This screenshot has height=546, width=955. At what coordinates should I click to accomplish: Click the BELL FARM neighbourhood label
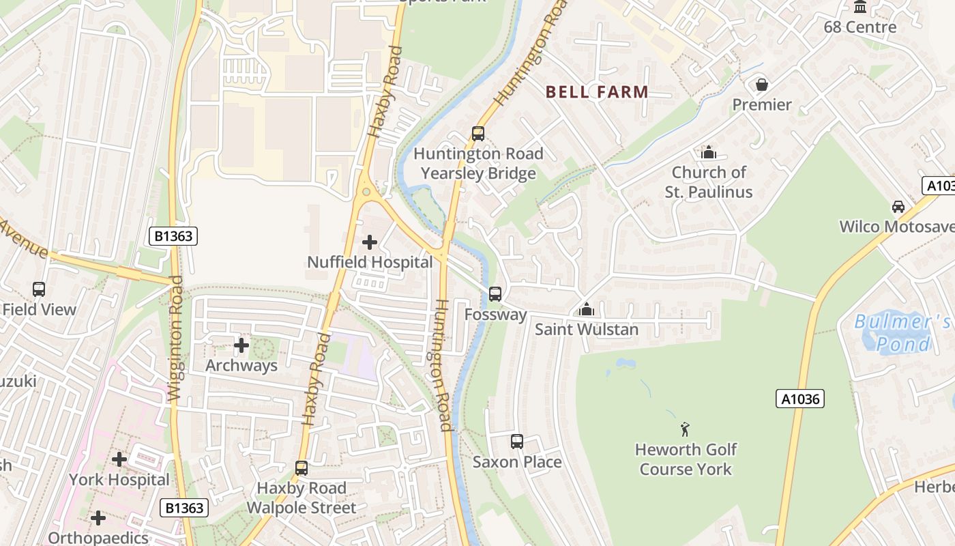pos(597,91)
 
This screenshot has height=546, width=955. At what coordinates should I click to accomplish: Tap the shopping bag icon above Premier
pos(761,85)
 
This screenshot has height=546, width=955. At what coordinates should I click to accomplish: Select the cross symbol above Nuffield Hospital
pos(370,242)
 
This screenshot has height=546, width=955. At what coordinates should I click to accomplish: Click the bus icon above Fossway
pos(495,294)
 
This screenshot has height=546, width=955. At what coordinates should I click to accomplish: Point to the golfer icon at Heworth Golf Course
pos(686,429)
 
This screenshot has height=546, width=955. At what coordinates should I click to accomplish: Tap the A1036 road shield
pos(800,399)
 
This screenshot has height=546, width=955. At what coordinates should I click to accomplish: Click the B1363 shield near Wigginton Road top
pos(174,237)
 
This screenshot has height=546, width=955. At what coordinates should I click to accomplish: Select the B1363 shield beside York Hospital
pos(183,508)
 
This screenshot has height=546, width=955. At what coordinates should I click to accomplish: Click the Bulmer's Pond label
pos(902,332)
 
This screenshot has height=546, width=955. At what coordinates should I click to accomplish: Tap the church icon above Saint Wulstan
pos(587,310)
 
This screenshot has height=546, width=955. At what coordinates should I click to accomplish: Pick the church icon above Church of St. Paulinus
pos(709,152)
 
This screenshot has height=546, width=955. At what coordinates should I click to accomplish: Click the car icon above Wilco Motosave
pos(898,207)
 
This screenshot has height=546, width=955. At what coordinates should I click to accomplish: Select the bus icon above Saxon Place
pos(517,442)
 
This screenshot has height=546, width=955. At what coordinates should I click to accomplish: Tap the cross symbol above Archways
pos(241,345)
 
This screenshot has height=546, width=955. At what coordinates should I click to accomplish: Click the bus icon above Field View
pos(39,289)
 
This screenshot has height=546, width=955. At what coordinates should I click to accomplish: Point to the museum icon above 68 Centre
pos(860,7)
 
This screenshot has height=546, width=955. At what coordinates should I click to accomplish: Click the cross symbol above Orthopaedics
pos(98,518)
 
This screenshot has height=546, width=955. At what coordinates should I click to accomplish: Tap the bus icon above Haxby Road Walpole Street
pos(302,468)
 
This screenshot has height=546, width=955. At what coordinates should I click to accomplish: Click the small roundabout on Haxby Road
pos(366,192)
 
